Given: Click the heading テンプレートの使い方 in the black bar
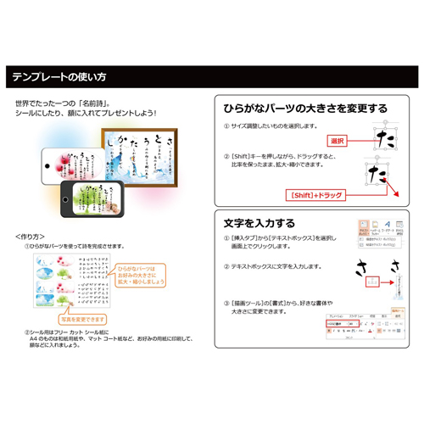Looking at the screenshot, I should pos(59,77).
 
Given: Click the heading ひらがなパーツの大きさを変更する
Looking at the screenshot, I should pos(305,109).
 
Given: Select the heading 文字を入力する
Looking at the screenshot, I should pos(259,223).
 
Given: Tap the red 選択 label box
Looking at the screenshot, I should pos(338,141).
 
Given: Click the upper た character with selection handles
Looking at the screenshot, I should pos(387,136).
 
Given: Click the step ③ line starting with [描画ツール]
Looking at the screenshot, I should pos(285,302).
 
